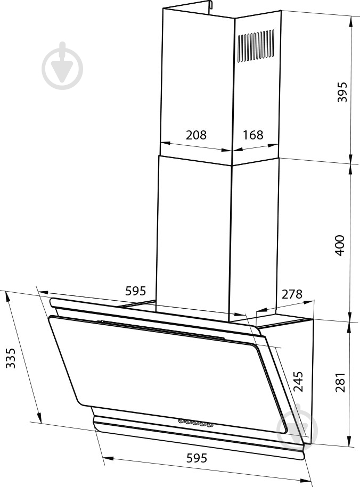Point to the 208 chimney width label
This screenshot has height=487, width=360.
click(196, 135)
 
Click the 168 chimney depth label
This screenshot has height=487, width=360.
click(253, 135)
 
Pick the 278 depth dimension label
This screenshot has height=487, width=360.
click(291, 294)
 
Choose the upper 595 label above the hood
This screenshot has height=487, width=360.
click(135, 291)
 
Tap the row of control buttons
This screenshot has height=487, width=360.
click(195, 423)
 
